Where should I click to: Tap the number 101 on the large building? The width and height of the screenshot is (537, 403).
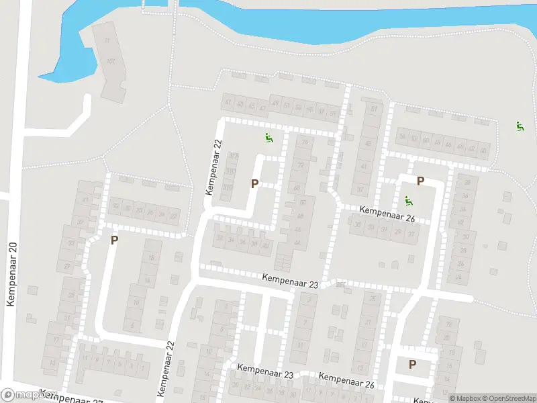tap(111, 62)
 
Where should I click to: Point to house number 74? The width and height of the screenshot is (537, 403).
tap(305, 142)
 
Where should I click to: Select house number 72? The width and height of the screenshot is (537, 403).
tap(301, 165)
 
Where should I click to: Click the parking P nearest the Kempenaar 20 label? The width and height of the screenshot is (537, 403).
tap(114, 240)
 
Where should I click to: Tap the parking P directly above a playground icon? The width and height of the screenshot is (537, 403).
tap(420, 181)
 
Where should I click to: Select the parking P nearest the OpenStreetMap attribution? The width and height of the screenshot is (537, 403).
tap(412, 364)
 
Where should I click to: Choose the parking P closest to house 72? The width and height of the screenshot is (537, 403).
tap(254, 183)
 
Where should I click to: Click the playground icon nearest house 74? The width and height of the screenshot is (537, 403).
tap(268, 138)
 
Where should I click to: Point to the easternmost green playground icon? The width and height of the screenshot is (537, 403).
tap(519, 126)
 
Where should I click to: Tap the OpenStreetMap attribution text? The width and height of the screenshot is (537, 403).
tap(507, 398)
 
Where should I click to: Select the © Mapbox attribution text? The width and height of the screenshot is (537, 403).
tap(465, 398)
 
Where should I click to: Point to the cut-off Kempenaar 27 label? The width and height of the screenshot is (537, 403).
tap(74, 397)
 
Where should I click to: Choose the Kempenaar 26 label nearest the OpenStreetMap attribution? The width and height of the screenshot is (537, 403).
tap(346, 381)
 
